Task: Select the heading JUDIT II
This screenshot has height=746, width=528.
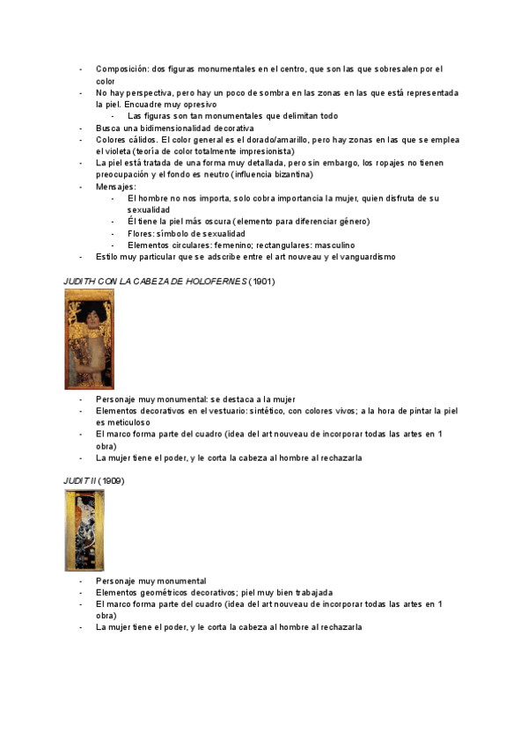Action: click(x=79, y=481)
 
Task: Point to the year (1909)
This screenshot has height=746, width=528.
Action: click(x=112, y=481)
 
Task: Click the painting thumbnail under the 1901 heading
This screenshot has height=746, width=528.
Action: click(x=89, y=339)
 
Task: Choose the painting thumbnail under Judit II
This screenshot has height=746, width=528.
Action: click(x=84, y=530)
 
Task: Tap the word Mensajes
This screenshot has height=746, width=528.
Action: click(x=115, y=186)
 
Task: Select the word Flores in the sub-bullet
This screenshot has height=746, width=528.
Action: click(x=140, y=233)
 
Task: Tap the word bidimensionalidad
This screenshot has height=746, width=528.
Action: click(x=162, y=128)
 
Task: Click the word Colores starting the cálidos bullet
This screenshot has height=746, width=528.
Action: click(x=111, y=139)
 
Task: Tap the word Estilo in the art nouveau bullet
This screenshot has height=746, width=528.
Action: click(x=107, y=257)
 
